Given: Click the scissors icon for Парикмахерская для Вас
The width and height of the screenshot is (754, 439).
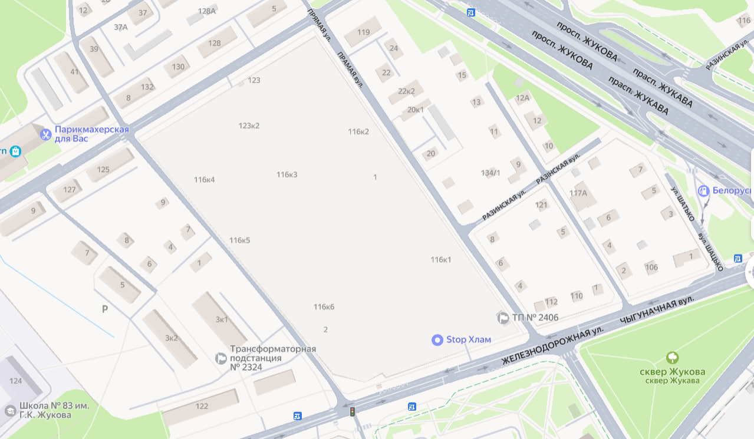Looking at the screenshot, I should [x=45, y=134].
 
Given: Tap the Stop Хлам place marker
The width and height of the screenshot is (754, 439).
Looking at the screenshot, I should [x=437, y=339].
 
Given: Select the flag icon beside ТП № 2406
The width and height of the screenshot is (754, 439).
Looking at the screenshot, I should [x=503, y=318].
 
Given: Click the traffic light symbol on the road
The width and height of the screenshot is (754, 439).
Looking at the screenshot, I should [x=353, y=412].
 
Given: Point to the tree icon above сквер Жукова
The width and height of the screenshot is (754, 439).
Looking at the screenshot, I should [x=671, y=358].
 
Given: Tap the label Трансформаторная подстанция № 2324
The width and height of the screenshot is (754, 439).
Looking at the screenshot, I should [x=272, y=358].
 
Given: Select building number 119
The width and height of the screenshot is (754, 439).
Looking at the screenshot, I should [x=363, y=32].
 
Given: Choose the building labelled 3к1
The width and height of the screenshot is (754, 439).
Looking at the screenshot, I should [x=222, y=319].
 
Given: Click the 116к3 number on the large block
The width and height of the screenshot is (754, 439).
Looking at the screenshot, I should [x=287, y=174].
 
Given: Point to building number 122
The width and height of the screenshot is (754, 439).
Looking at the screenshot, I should [x=202, y=406].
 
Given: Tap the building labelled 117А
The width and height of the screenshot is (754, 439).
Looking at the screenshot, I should [x=578, y=193].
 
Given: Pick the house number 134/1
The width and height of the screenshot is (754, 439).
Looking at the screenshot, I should [x=490, y=173].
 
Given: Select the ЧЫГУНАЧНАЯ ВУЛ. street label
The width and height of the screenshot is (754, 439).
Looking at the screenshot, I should [x=656, y=311].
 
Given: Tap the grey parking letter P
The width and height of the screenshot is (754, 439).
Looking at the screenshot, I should [x=105, y=309].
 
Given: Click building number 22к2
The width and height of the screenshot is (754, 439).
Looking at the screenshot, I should [x=406, y=91].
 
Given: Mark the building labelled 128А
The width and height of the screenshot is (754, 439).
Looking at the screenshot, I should [x=207, y=11].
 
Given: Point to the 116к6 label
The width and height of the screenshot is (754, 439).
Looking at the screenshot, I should [x=324, y=306].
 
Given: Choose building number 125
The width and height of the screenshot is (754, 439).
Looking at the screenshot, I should [x=103, y=170].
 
